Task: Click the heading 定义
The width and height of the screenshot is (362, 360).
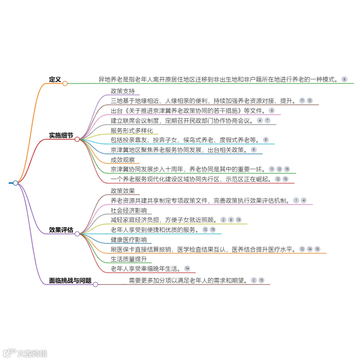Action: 55,79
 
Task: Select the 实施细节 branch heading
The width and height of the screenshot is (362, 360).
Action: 61,135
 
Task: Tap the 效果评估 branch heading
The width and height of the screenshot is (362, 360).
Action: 61,230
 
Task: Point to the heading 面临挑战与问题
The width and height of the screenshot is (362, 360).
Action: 70,281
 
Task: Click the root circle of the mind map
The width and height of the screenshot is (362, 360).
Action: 15,183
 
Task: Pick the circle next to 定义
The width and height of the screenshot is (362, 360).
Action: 65,83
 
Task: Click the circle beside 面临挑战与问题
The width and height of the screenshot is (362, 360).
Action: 96,285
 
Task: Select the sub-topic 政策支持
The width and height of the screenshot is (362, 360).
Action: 123,91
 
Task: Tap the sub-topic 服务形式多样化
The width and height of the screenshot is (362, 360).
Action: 132,130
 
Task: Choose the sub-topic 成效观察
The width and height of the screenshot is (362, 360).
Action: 123,160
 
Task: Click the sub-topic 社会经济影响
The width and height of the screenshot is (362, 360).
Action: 129,211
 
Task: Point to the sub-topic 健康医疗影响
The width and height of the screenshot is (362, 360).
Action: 129,240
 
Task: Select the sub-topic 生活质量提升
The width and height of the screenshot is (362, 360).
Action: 129,259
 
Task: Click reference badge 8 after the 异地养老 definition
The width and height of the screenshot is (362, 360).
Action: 344,79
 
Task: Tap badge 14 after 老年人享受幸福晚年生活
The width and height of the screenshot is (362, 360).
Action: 187,268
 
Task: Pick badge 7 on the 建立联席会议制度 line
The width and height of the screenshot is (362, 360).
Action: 267,120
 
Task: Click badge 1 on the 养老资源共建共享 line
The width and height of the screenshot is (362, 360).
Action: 296,200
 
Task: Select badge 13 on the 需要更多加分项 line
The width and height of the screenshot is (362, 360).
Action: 261,280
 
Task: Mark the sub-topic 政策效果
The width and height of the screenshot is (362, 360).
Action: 123,191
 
